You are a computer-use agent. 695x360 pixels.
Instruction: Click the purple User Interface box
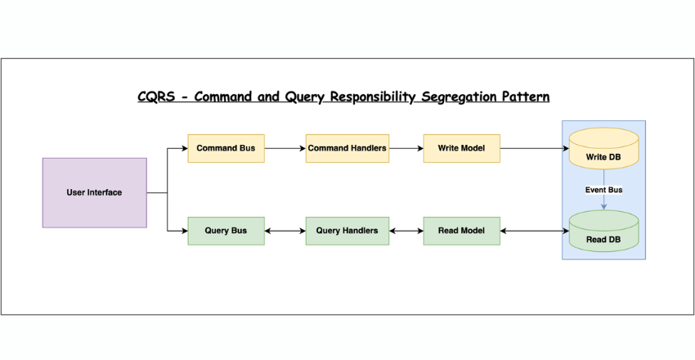point(94,192)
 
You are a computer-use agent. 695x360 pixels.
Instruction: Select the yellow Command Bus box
point(226,148)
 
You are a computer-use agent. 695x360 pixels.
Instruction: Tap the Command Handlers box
point(347,148)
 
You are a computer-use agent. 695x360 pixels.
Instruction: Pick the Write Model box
point(461,148)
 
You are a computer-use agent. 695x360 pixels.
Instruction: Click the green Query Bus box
point(226,231)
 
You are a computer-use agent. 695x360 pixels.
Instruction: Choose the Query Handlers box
point(347,231)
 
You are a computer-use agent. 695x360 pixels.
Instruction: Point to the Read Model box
point(461,231)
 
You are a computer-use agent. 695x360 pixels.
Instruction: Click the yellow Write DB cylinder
point(603,149)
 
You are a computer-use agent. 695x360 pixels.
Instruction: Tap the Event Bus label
point(603,190)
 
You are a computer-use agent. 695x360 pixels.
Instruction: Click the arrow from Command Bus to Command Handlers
point(285,148)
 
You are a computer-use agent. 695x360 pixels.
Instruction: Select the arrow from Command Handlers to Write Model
point(406,148)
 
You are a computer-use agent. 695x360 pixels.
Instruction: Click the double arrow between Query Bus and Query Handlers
point(285,231)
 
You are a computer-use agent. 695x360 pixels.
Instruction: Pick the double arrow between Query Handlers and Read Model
point(406,231)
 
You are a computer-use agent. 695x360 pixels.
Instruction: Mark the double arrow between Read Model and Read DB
point(533,231)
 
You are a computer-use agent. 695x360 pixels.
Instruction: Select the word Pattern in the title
point(525,97)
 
